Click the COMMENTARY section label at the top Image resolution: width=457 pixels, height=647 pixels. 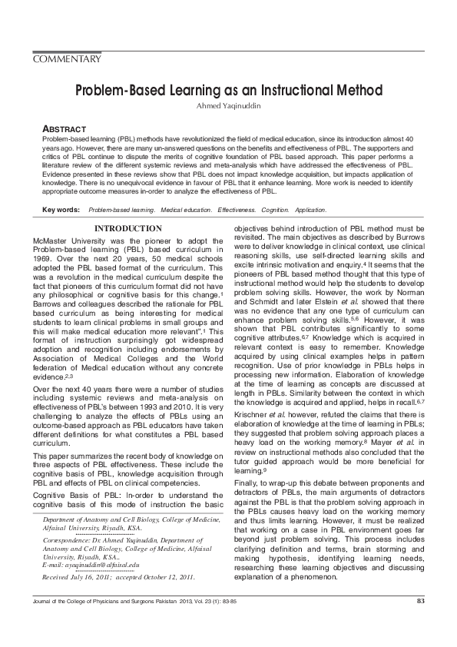click(x=68, y=59)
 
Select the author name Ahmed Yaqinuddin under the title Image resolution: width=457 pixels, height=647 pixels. click(x=228, y=106)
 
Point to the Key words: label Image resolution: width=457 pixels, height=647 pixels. click(x=61, y=209)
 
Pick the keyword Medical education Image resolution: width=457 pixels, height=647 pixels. click(x=185, y=209)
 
